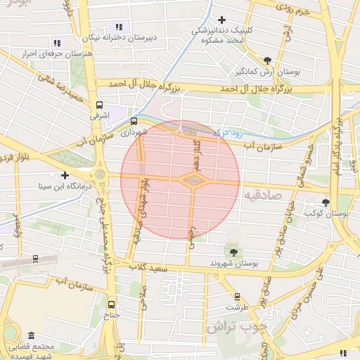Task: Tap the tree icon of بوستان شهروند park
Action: coord(233,252)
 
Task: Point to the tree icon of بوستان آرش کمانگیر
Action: coord(266,60)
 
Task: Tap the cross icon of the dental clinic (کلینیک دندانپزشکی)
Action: coord(223,19)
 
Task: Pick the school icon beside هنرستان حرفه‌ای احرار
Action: coord(58,43)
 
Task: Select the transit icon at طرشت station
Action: coord(237,296)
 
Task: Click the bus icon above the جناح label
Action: coord(112,304)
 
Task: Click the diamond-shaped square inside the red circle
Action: coord(192,181)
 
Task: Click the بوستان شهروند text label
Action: coord(236,263)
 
